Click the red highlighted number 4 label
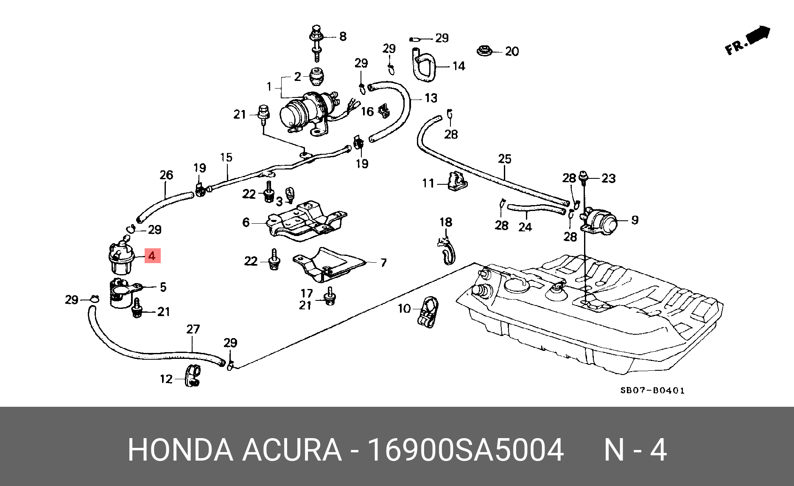[x=152, y=255]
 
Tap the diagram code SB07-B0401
[x=652, y=390]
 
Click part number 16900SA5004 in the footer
[x=465, y=450]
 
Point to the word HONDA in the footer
[x=180, y=450]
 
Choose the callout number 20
[x=512, y=51]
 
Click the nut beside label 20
[x=484, y=51]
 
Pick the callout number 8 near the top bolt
[x=343, y=36]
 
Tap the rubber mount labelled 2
[x=317, y=76]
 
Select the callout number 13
[x=431, y=98]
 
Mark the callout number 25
[x=505, y=159]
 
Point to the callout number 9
[x=635, y=220]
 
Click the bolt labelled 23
[x=584, y=178]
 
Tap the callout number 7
[x=383, y=263]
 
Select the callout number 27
[x=193, y=329]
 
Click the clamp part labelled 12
[x=193, y=375]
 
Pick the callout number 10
[x=404, y=308]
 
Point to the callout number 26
[x=166, y=175]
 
